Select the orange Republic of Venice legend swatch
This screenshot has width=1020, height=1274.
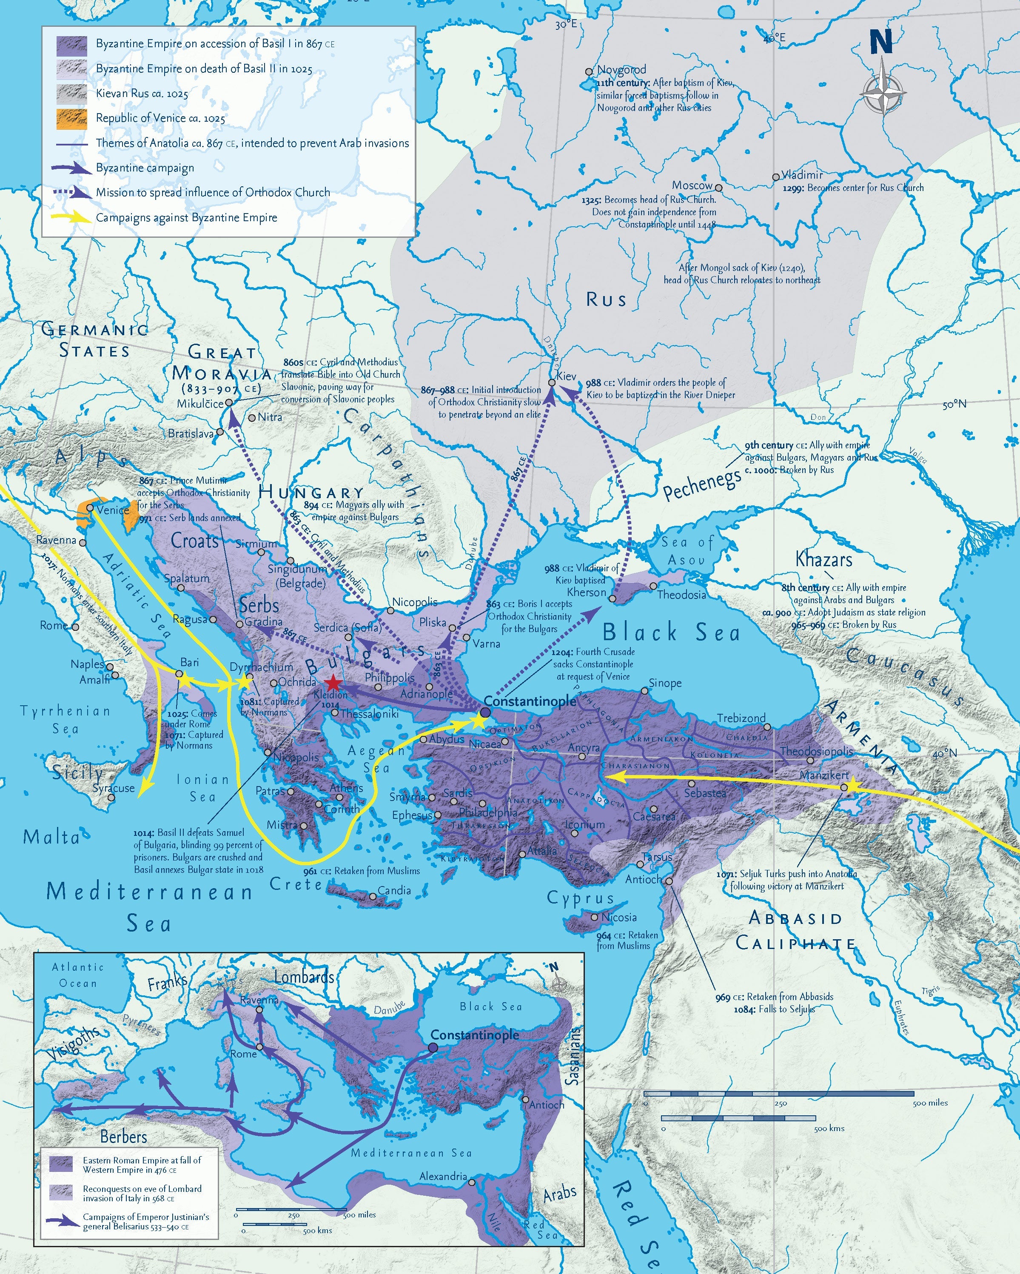[x=72, y=118]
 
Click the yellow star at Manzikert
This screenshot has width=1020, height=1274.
[x=844, y=787]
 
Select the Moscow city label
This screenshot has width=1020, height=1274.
[x=692, y=185]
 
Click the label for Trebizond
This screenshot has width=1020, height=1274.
[x=741, y=718]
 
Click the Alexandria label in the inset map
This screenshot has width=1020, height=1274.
[x=443, y=1176]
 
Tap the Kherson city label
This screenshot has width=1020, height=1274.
[x=586, y=592]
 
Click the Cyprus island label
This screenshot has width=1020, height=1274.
[x=580, y=898]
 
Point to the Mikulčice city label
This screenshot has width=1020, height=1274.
[x=200, y=404]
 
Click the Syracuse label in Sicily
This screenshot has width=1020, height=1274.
[x=114, y=788]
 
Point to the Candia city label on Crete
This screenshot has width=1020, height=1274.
[x=394, y=890]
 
